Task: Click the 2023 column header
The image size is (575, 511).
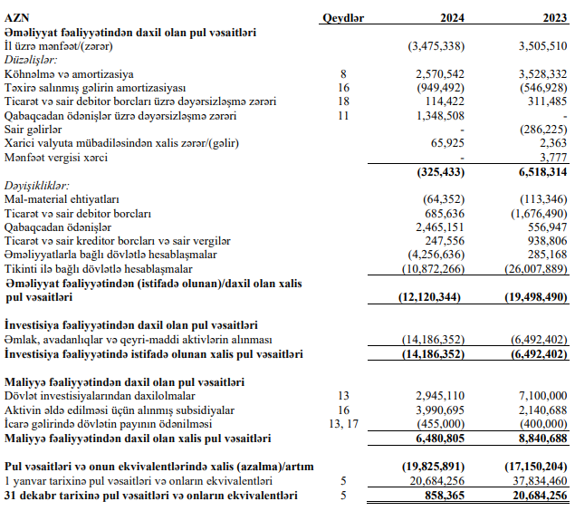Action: tap(552, 16)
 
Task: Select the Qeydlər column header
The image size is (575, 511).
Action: tap(343, 16)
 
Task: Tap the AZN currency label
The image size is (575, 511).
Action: tap(17, 16)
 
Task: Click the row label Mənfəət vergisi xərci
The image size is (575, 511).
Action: tap(56, 158)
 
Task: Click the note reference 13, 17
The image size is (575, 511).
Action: tap(343, 423)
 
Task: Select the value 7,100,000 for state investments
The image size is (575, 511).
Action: tap(541, 396)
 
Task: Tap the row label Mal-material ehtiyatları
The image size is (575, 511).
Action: tap(62, 198)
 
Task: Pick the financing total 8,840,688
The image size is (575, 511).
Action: tap(541, 438)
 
